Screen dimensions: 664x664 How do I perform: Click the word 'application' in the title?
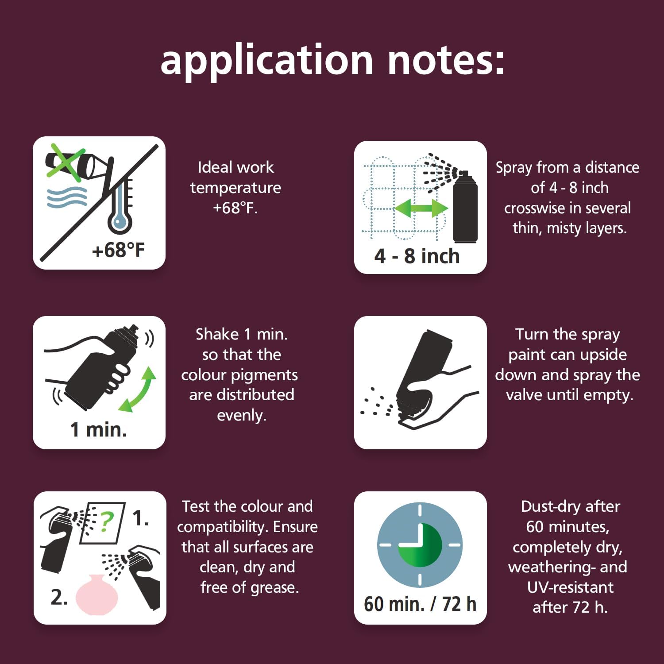[x=267, y=61]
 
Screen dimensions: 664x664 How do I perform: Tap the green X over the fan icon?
[x=66, y=162]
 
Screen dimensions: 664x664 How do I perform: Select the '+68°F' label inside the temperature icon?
[x=118, y=250]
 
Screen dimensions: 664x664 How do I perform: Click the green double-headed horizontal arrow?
[x=421, y=208]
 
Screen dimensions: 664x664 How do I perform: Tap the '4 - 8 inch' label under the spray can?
[x=417, y=256]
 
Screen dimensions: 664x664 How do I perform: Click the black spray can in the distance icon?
[x=465, y=206]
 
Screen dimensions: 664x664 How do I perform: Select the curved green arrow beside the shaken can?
[x=138, y=390]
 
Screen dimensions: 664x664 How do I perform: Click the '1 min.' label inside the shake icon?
[x=99, y=429]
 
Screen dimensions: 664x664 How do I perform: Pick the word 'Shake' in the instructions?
[x=217, y=334]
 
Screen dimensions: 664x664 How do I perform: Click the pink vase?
[x=97, y=595]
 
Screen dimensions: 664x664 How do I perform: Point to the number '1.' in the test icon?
[x=141, y=518]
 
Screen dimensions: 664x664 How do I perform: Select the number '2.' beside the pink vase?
[x=59, y=597]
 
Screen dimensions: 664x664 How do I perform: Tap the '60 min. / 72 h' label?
[x=420, y=604]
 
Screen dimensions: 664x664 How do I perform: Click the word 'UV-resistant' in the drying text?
[x=570, y=587]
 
